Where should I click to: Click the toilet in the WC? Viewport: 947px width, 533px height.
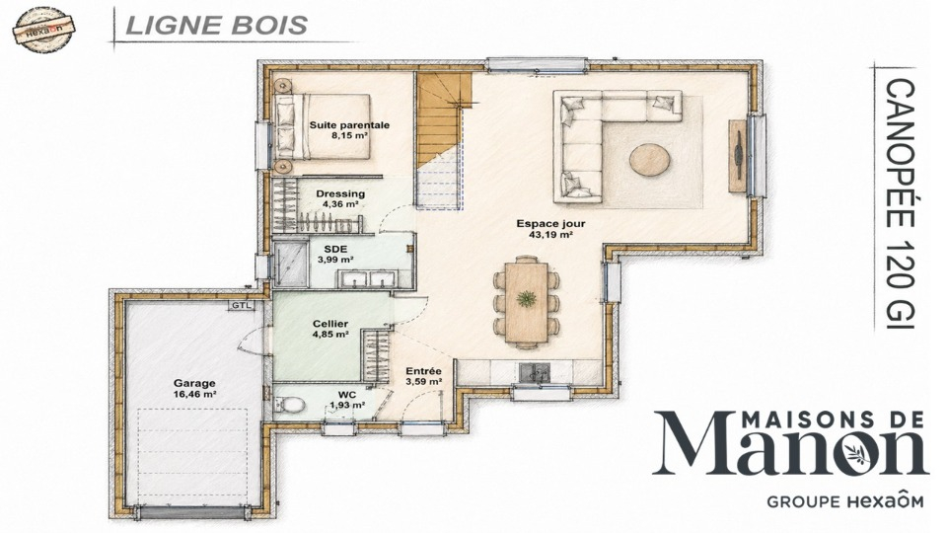click(x=287, y=404)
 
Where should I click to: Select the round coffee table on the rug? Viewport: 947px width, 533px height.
click(x=650, y=160)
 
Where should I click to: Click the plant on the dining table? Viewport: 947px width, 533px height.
click(x=527, y=298)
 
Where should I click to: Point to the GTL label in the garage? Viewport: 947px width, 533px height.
click(x=239, y=305)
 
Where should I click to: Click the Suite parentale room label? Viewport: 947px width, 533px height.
click(x=349, y=125)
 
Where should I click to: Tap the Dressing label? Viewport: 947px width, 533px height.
click(x=340, y=194)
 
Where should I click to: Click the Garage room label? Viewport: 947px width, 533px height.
click(x=194, y=383)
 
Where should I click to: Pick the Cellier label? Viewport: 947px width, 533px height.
click(x=330, y=324)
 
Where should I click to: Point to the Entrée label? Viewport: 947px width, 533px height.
click(x=423, y=371)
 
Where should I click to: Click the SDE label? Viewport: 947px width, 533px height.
click(x=335, y=249)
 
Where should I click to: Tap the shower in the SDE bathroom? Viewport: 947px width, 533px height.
click(x=291, y=264)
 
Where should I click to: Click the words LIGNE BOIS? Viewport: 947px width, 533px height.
click(x=216, y=26)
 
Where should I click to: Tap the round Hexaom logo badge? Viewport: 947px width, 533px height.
click(x=44, y=28)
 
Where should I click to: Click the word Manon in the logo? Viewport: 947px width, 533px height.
click(x=789, y=444)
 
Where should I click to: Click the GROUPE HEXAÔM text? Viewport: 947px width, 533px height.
click(x=845, y=501)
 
